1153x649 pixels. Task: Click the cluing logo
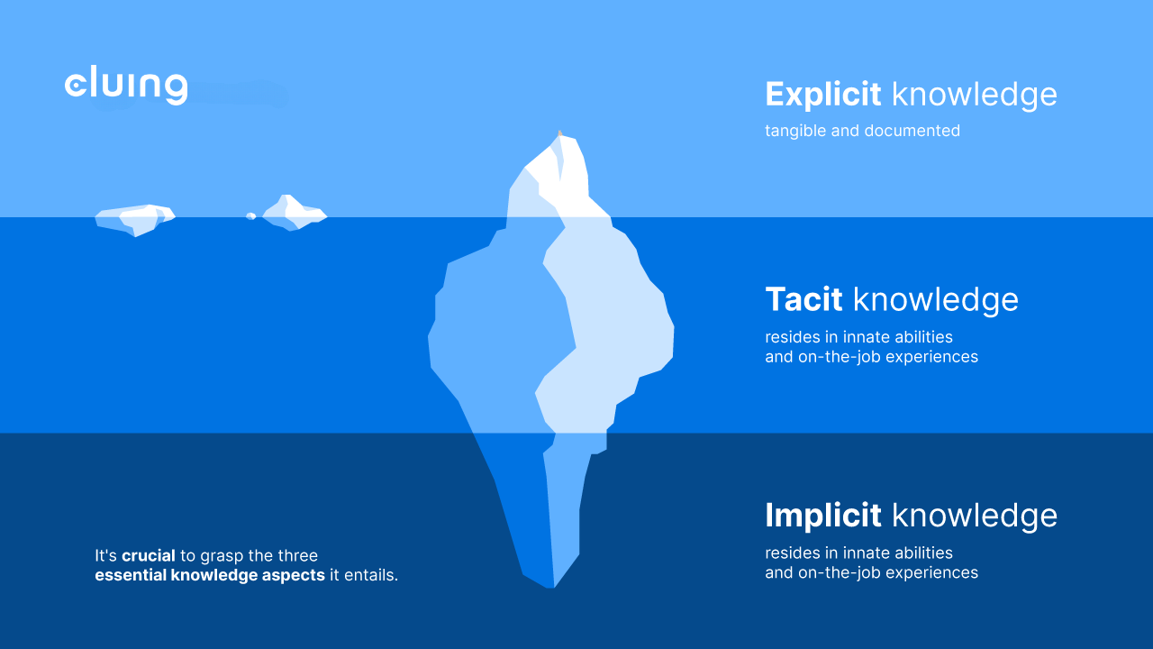tap(126, 86)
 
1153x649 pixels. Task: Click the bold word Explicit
tap(822, 94)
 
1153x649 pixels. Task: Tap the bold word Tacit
tap(803, 299)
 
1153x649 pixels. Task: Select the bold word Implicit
tap(822, 515)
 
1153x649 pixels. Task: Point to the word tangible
tap(795, 131)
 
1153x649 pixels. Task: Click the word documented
tap(912, 131)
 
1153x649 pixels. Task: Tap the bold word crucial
tap(149, 556)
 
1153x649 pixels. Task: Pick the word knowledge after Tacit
tap(935, 299)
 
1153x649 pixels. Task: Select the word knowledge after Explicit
tap(974, 94)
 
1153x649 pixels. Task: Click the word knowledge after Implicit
tap(974, 515)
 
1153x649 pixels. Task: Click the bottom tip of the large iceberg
tap(552, 586)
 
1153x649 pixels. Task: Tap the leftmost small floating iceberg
tap(135, 219)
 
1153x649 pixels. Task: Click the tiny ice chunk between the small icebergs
tap(251, 216)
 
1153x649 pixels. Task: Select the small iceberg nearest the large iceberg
tap(295, 215)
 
